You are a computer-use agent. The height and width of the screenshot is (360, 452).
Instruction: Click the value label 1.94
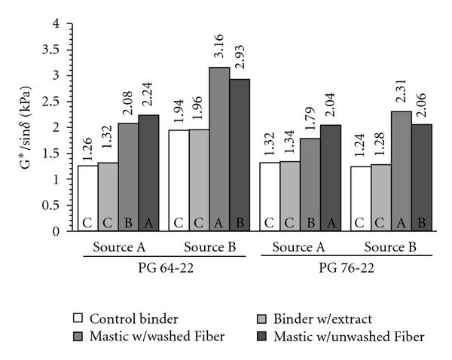[179, 113]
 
